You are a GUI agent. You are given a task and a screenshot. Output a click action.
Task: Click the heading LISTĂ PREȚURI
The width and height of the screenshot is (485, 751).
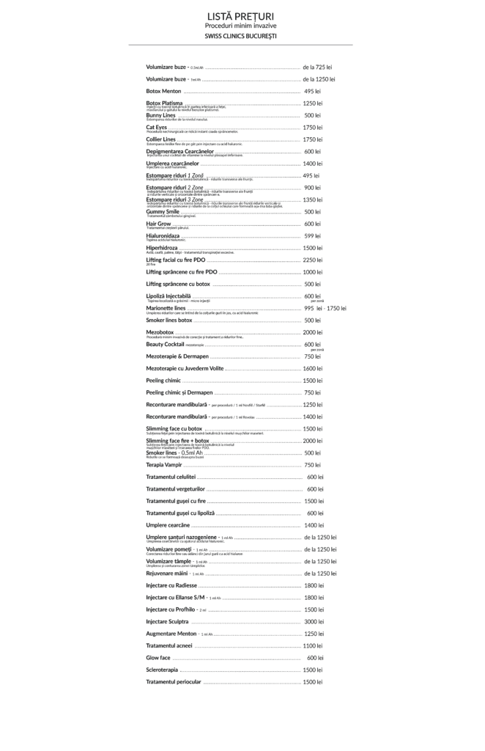241,15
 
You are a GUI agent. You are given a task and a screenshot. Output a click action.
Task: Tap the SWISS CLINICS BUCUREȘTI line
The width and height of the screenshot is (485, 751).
241,36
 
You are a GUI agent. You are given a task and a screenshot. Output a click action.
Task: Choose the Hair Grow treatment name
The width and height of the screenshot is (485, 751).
159,224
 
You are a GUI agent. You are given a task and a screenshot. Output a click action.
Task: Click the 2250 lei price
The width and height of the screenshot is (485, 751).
313,260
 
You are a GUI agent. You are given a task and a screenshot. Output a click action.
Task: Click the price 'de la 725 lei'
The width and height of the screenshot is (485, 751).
319,67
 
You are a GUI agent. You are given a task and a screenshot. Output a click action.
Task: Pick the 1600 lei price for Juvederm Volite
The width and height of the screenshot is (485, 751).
313,368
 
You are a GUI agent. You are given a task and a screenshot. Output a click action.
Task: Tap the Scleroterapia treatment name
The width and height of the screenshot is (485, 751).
162,670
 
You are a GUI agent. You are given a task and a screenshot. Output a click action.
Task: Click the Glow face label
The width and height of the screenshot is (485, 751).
158,658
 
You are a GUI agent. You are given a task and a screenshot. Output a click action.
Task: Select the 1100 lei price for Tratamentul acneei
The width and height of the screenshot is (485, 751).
313,645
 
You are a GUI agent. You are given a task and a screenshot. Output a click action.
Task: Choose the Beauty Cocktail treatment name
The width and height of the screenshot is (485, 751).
165,344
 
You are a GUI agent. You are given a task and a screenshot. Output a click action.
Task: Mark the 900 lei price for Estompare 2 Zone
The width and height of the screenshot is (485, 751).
313,188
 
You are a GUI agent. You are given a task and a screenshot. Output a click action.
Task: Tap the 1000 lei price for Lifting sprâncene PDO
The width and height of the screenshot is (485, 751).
313,272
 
